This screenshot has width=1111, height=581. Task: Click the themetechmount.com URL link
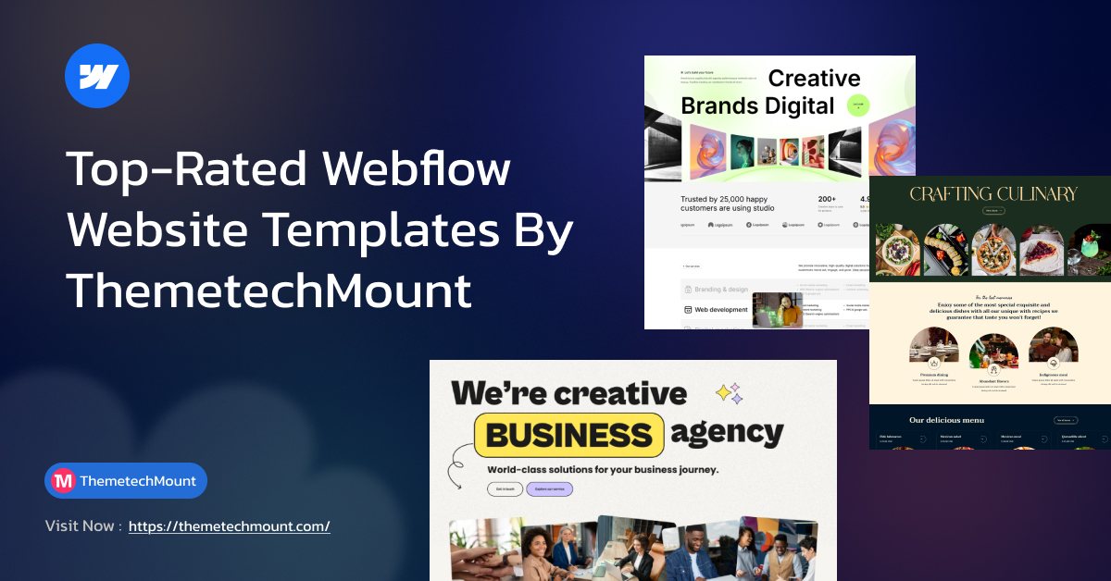coord(229,526)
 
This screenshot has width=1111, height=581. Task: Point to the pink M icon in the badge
coord(63,481)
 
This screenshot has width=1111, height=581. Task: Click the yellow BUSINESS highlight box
coord(569,435)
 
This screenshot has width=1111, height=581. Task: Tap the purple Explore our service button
coord(549,489)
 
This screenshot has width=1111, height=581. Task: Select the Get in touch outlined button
coord(505,489)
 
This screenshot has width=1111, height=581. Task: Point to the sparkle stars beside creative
coord(730,393)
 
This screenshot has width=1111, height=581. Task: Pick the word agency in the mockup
coord(728,432)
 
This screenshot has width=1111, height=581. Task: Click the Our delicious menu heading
coord(946,420)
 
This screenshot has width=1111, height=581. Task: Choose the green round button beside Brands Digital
coord(859,105)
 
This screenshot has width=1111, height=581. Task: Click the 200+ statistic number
coord(827,198)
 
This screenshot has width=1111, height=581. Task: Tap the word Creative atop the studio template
coord(815,79)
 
